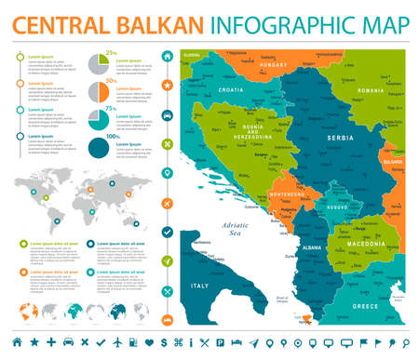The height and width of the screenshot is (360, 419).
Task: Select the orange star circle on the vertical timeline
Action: (167, 86)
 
